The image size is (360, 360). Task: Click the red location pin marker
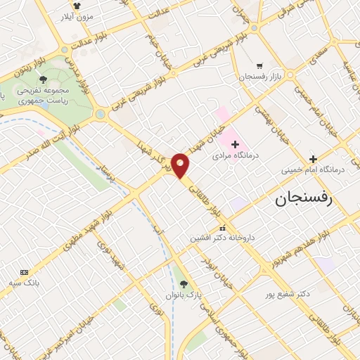[x=181, y=166]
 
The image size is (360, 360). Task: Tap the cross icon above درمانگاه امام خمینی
[x=314, y=158]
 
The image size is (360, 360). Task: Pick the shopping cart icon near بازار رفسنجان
[x=259, y=64]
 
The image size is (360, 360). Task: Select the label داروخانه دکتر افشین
[x=219, y=238]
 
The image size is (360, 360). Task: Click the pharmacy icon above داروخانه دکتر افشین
[x=222, y=228]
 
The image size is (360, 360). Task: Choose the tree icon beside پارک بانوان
[x=184, y=284]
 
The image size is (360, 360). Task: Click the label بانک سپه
[x=24, y=283]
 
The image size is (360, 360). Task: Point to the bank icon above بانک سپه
[x=24, y=272]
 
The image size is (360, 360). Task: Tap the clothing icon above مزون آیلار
[x=77, y=4]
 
